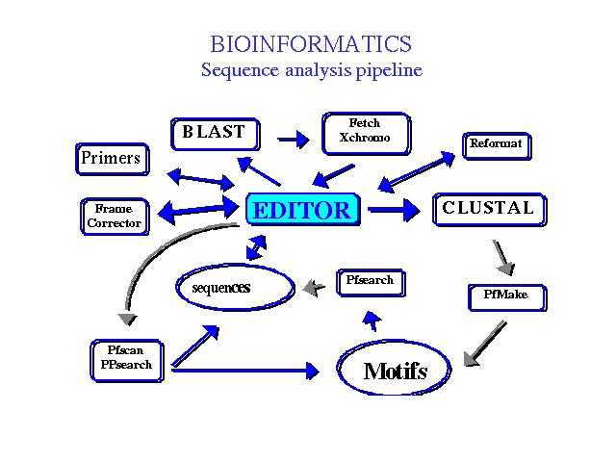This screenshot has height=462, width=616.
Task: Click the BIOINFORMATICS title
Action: click(310, 44)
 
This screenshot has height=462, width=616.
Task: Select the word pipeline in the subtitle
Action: click(386, 70)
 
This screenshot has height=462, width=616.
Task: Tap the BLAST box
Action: click(214, 133)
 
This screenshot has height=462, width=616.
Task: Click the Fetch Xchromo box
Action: click(365, 131)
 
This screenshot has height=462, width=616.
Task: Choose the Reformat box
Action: click(496, 144)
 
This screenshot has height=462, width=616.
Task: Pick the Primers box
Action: click(112, 159)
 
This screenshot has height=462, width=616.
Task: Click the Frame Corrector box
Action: click(114, 216)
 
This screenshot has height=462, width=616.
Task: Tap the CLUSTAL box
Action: click(488, 209)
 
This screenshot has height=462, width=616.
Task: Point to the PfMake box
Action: click(506, 295)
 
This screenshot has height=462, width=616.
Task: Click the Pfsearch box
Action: click(369, 281)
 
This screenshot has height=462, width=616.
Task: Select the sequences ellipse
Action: click(234, 287)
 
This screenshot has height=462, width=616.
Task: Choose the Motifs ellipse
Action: click(395, 371)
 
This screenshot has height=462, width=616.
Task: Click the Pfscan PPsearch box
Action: click(125, 358)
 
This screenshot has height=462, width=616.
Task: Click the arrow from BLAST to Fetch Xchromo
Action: click(293, 140)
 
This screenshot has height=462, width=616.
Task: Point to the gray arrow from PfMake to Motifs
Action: click(485, 344)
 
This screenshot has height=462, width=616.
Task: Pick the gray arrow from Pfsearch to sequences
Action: click(315, 286)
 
